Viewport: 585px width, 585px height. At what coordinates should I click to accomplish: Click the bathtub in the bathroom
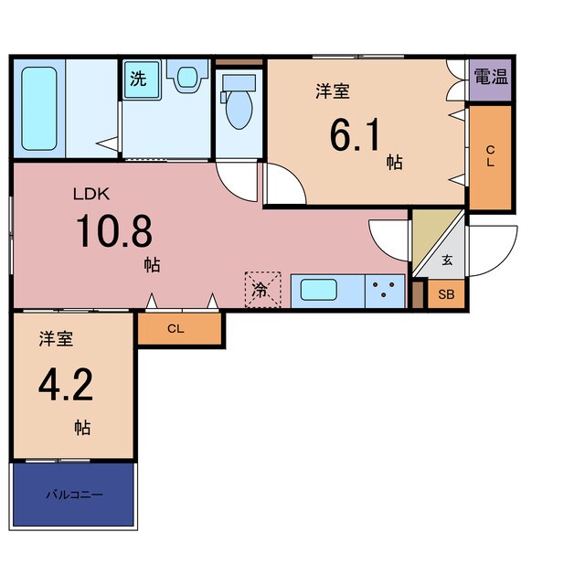coord(39,109)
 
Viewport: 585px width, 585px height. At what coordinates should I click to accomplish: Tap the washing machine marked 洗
coord(142,80)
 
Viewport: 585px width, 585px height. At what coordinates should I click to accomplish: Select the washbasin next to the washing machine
coord(186,76)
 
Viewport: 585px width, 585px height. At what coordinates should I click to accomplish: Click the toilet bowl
coord(239,101)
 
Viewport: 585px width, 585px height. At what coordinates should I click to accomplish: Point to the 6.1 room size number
coord(355,134)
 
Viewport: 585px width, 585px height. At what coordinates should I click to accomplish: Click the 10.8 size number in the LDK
coord(114,231)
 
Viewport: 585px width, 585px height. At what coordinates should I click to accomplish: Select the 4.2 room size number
coord(66,385)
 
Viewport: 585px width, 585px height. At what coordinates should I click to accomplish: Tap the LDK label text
coord(91,194)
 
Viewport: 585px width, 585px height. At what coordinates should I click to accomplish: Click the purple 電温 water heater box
coord(490,80)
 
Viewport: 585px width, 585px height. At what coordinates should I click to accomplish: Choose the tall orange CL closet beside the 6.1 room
coord(490,157)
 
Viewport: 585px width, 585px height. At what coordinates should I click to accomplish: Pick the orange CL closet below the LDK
coord(180,329)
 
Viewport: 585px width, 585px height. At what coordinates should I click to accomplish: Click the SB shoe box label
coord(446,294)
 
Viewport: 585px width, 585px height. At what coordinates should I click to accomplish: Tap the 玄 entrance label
coord(447,260)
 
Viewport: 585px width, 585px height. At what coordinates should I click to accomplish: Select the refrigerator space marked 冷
coord(262,290)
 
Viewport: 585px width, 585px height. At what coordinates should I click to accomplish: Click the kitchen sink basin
coord(319,290)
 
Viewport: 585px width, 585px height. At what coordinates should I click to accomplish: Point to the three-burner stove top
coord(385,291)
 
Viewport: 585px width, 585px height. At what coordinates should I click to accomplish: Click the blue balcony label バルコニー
coord(74,495)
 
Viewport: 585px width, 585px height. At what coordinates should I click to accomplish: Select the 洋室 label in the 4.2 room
coord(56,339)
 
